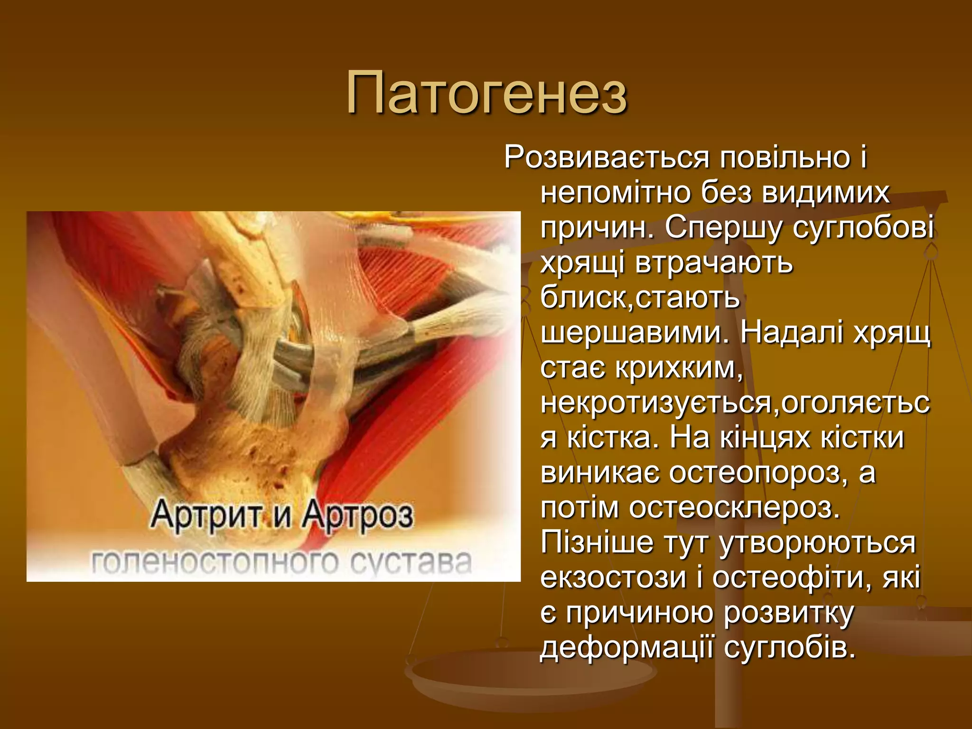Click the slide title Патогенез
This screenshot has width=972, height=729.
pyautogui.click(x=487, y=93)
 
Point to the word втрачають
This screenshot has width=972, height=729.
pyautogui.click(x=714, y=263)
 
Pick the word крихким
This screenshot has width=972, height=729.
pyautogui.click(x=679, y=368)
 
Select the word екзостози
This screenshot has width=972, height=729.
pyautogui.click(x=613, y=578)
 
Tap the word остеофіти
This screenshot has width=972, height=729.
pyautogui.click(x=792, y=578)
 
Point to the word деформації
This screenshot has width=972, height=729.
pyautogui.click(x=626, y=647)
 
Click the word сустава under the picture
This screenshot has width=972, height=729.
pyautogui.click(x=410, y=563)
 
